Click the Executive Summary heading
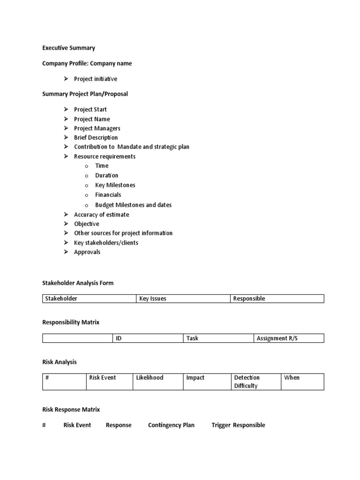(x=68, y=48)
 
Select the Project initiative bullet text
(x=96, y=79)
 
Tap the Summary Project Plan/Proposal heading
(x=85, y=94)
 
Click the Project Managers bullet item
(x=97, y=128)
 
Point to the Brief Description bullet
(x=96, y=137)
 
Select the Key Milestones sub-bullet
(x=115, y=185)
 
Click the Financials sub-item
(x=108, y=195)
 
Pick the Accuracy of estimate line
(x=101, y=214)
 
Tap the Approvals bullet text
(x=87, y=252)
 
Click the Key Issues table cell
(x=183, y=299)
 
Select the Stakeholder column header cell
(x=90, y=299)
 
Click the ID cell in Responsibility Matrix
(x=148, y=338)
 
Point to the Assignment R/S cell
(x=289, y=338)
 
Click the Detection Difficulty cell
(x=255, y=382)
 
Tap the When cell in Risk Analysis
(x=302, y=382)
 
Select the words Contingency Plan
(x=171, y=425)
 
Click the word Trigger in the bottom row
(x=221, y=425)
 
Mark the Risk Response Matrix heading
(x=71, y=409)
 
